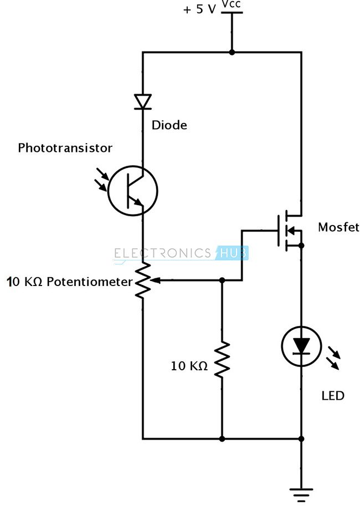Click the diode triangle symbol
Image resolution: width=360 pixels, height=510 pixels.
[143, 101]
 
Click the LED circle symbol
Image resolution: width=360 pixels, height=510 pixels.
[301, 345]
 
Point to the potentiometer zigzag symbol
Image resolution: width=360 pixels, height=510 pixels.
[143, 281]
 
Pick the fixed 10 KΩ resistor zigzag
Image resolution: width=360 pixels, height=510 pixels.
[222, 360]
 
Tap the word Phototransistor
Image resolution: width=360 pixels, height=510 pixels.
[65, 148]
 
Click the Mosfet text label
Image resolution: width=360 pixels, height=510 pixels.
[338, 227]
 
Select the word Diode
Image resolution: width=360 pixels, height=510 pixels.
[169, 125]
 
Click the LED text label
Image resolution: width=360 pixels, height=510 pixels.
[333, 396]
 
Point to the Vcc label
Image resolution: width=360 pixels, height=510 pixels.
[231, 5]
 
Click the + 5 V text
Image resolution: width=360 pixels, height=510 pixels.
[199, 10]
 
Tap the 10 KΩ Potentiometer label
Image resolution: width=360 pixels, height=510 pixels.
[70, 282]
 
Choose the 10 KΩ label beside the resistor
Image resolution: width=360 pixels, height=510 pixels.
[189, 366]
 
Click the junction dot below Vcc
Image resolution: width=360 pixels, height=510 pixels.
[232, 52]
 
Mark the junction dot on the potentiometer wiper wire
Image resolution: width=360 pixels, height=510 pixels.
[222, 280]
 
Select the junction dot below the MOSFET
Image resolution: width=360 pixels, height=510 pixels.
[301, 244]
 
